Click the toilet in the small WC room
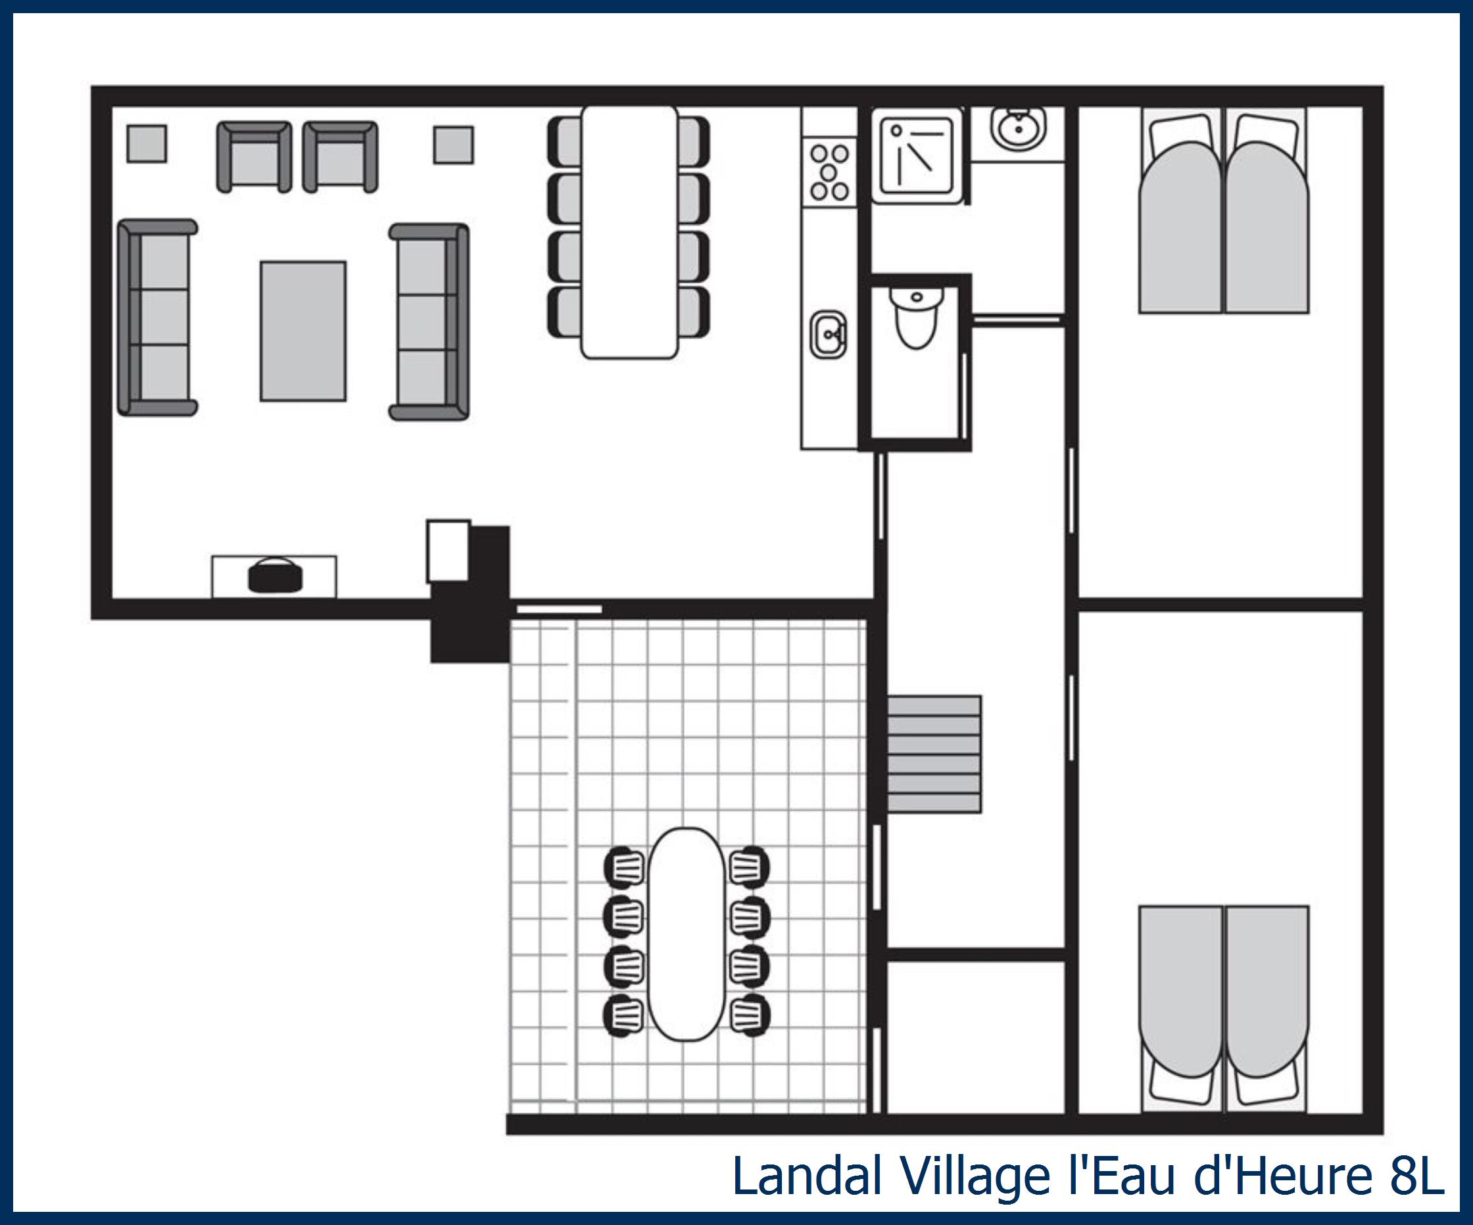(916, 319)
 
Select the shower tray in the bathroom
(917, 155)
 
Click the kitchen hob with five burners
(830, 172)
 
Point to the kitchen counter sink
(829, 335)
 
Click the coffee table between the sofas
(303, 331)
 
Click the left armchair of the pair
(254, 157)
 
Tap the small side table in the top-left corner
(147, 144)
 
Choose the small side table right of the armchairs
(453, 145)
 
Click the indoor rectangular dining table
(629, 231)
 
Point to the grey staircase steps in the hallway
(934, 754)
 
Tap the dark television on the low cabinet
(275, 575)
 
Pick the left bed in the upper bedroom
(1180, 218)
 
